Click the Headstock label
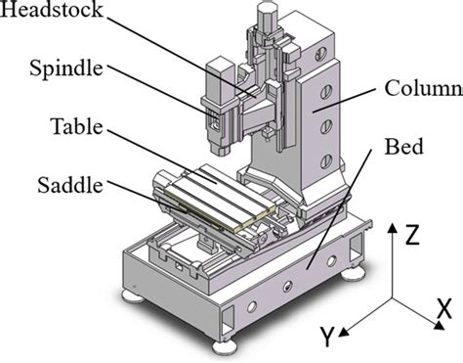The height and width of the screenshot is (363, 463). coord(51,9)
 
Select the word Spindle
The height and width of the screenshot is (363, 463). coord(66,68)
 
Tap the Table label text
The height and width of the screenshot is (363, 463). coord(77,126)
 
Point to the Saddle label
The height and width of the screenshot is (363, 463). coord(70,185)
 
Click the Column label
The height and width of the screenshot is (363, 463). coord(424,88)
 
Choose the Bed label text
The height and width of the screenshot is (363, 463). coord(404,147)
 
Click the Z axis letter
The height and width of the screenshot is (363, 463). coord(412,235)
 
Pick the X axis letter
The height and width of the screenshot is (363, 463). coord(444,308)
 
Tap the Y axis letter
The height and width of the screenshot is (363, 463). coord(327,337)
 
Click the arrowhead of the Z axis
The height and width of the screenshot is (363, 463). coord(393,228)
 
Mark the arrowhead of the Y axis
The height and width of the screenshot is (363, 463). coord(344,333)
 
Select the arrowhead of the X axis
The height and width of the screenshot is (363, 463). coord(440,325)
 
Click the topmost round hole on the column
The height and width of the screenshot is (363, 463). coord(320,54)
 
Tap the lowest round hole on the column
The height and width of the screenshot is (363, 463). coord(326,161)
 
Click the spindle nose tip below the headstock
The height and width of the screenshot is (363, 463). coord(220,149)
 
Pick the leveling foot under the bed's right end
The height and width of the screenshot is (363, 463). coord(353,273)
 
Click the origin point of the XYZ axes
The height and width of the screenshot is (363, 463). coord(393,298)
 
